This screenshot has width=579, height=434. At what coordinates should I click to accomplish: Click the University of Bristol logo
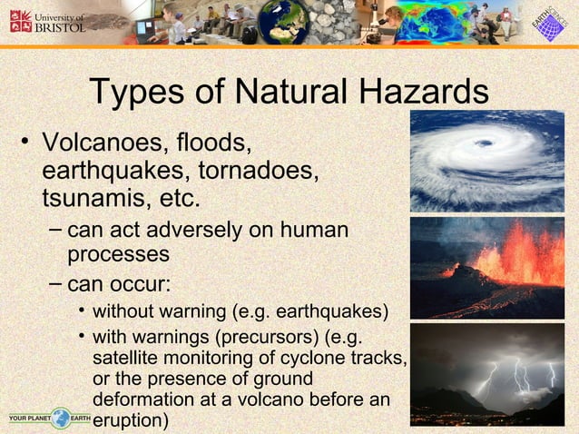[47, 21]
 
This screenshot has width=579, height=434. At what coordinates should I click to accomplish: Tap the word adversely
[191, 230]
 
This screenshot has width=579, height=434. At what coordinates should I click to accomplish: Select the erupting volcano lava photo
[486, 267]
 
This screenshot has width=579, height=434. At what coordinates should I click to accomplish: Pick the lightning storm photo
[486, 374]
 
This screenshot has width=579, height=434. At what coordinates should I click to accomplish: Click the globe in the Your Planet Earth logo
[60, 419]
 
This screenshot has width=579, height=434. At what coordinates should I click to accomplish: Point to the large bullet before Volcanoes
[25, 143]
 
